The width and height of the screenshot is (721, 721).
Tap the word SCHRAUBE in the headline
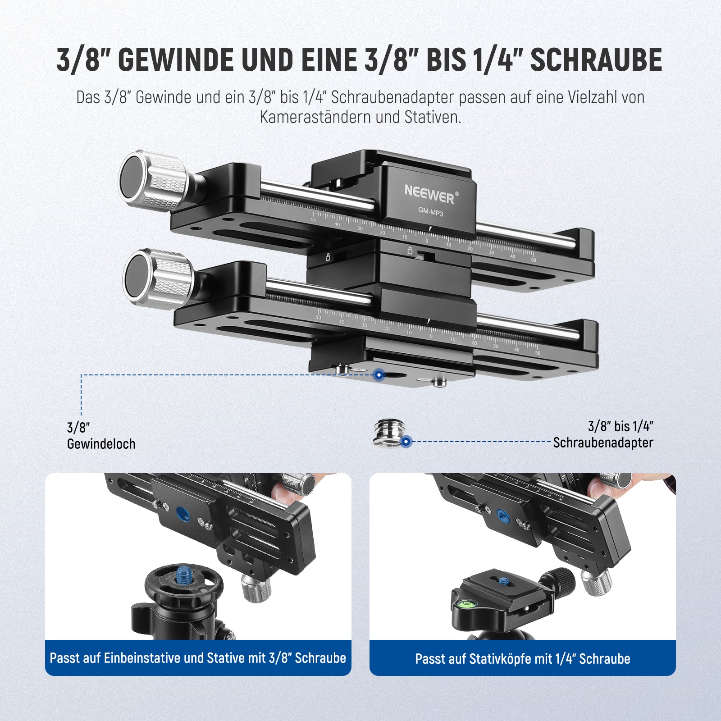(x=596, y=60)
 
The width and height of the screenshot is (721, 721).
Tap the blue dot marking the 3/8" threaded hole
(x=379, y=374)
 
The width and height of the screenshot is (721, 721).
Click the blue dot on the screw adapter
(x=406, y=442)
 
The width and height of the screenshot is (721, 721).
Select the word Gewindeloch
(x=101, y=444)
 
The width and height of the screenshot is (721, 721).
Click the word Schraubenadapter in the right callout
(x=603, y=443)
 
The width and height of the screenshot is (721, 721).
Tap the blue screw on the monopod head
(x=183, y=575)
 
